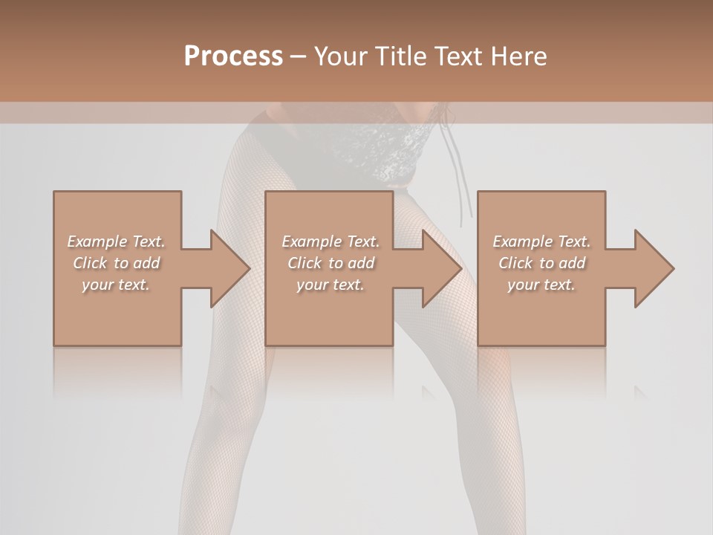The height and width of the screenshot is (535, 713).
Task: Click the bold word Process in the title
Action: coord(233,57)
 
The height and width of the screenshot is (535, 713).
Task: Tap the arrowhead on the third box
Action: coord(653,268)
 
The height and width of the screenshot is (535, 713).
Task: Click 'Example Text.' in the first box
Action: coord(116,241)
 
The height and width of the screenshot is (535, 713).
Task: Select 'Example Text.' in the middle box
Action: coord(331,241)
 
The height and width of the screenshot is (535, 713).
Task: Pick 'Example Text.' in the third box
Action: coord(541,241)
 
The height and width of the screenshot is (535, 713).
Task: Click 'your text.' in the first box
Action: coord(116,285)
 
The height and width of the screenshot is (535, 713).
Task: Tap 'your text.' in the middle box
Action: coord(331,285)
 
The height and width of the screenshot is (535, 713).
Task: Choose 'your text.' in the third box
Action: coord(541,285)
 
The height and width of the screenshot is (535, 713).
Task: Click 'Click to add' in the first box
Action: coord(116,263)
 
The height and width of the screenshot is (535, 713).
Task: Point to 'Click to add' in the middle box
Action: coord(331,263)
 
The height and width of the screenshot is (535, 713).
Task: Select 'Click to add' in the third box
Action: coord(541,263)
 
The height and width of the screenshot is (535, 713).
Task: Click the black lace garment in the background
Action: coord(394,152)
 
